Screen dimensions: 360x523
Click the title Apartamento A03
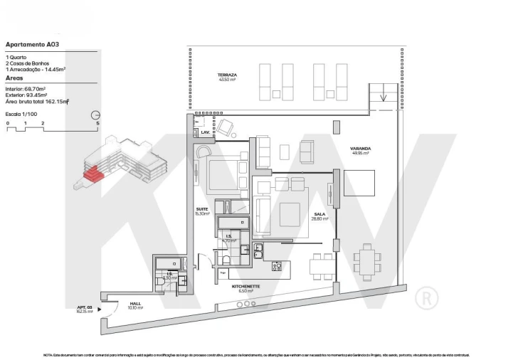tap(32, 43)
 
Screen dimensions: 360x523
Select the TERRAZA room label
tap(228, 75)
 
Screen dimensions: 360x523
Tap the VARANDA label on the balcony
tap(360, 149)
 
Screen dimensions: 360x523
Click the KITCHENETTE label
tap(245, 287)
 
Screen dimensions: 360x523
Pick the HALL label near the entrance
tap(134, 304)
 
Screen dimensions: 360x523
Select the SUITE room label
tap(202, 210)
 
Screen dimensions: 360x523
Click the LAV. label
tap(204, 132)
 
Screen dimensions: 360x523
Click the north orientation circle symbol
tap(95, 115)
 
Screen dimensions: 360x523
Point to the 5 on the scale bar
tap(97, 123)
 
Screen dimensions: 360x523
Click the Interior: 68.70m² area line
tap(26, 88)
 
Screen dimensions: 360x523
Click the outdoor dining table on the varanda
tap(367, 262)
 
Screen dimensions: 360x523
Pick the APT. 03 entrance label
tap(85, 308)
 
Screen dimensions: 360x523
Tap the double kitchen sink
tap(259, 252)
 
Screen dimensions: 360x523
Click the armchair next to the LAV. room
tap(226, 128)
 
